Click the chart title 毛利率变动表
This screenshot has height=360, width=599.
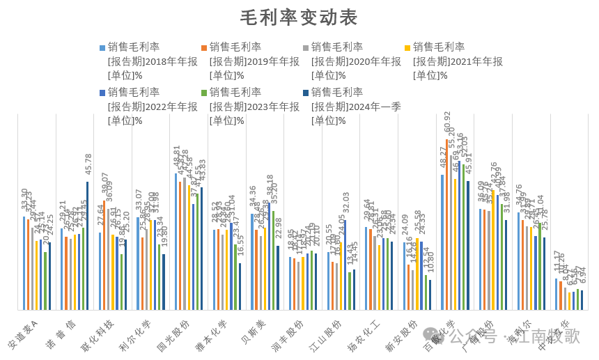pyautogui.click(x=299, y=17)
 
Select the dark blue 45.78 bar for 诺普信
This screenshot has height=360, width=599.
pyautogui.click(x=87, y=245)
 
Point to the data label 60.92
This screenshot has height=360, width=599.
pyautogui.click(x=447, y=125)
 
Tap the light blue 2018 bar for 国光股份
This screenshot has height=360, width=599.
pyautogui.click(x=176, y=241)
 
